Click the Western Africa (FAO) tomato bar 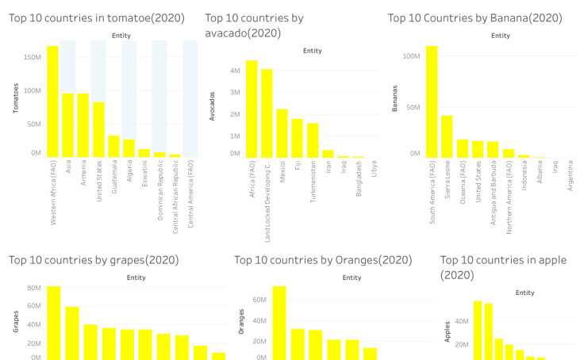pos(52,101)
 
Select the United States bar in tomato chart pos(98,129)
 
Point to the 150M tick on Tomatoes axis pos(33,57)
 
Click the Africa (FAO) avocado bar pos(251,109)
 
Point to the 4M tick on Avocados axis pos(235,71)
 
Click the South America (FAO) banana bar pos(432,101)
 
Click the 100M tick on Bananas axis pos(411,56)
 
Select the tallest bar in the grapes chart pos(53,323)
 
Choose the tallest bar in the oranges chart pos(279,323)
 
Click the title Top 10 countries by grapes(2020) pos(94,260)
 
